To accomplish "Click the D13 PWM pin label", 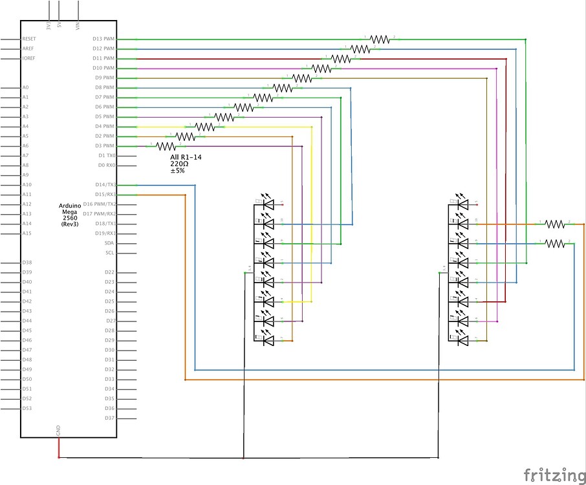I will point(103,39).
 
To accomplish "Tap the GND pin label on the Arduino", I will point(59,430).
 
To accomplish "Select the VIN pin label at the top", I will point(78,26).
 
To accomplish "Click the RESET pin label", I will point(30,39).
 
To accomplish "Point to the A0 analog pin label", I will point(25,87).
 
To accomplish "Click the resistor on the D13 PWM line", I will point(380,39).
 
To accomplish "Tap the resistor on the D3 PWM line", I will point(166,147).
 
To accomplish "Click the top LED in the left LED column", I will point(267,204).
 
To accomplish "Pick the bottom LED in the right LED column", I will point(461,340).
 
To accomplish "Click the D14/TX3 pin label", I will point(105,185).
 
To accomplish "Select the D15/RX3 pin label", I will point(105,195).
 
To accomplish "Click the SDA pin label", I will point(109,243).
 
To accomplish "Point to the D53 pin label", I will point(27,408).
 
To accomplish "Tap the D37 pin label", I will point(109,418).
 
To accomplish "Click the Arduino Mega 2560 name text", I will point(69,215).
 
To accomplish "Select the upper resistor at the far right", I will point(555,224).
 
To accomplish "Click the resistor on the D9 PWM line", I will point(302,78).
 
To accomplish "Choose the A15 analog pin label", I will point(27,233).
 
